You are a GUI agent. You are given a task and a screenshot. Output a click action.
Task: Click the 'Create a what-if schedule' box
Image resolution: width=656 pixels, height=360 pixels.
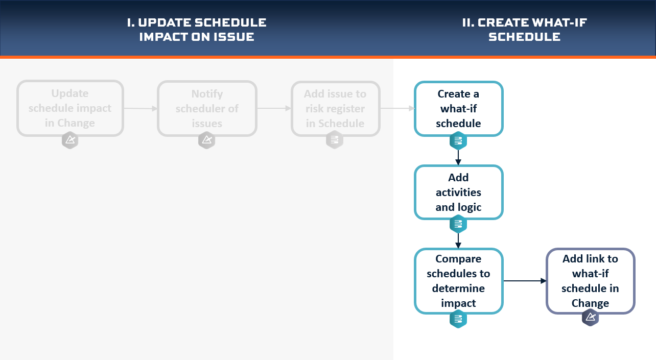(x=459, y=109)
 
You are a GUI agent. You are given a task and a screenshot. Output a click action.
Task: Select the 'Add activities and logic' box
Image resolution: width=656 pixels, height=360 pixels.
(x=459, y=193)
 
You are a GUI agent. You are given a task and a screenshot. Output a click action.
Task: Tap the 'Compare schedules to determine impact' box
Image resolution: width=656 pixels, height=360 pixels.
(x=459, y=281)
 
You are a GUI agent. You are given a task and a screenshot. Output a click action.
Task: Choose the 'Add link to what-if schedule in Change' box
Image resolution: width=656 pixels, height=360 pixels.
(x=591, y=281)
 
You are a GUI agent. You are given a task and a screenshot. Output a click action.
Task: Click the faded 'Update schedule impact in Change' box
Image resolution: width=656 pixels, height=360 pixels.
(x=70, y=108)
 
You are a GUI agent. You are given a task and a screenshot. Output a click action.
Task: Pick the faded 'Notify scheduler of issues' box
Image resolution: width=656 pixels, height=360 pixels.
(x=207, y=109)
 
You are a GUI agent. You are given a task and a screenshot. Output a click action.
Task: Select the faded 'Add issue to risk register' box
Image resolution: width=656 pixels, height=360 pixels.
(x=336, y=109)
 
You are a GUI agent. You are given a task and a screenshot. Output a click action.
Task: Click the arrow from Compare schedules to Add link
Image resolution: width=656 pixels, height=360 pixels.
(x=525, y=281)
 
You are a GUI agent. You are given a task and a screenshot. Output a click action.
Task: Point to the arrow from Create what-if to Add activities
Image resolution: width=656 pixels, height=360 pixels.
(x=458, y=157)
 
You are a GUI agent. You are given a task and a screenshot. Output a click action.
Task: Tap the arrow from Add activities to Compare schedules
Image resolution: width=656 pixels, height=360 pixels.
(x=458, y=241)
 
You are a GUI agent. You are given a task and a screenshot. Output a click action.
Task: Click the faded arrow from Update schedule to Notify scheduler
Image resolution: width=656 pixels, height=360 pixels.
(x=140, y=109)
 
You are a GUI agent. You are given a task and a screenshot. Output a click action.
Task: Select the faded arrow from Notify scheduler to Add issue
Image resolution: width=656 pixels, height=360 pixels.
(x=274, y=108)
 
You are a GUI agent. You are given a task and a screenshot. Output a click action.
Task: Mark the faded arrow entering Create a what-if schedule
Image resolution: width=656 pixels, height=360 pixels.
(x=397, y=108)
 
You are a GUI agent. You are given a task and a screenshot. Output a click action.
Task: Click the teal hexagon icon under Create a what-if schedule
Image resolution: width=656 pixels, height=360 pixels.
(x=458, y=141)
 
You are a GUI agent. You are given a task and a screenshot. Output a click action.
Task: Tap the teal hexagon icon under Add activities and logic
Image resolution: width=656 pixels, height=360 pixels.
(x=458, y=224)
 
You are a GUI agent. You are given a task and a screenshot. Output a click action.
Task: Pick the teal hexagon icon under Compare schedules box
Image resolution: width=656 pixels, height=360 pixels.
(x=458, y=319)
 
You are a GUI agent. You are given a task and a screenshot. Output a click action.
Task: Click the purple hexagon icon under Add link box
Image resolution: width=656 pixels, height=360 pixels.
(x=590, y=317)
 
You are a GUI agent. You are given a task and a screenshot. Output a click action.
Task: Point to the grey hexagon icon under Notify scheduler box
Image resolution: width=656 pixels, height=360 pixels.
(x=207, y=140)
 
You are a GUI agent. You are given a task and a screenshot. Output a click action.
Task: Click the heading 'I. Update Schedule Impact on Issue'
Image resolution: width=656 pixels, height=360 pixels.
(x=197, y=30)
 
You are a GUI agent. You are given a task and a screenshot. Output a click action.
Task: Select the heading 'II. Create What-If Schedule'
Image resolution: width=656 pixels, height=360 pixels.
(x=525, y=30)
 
